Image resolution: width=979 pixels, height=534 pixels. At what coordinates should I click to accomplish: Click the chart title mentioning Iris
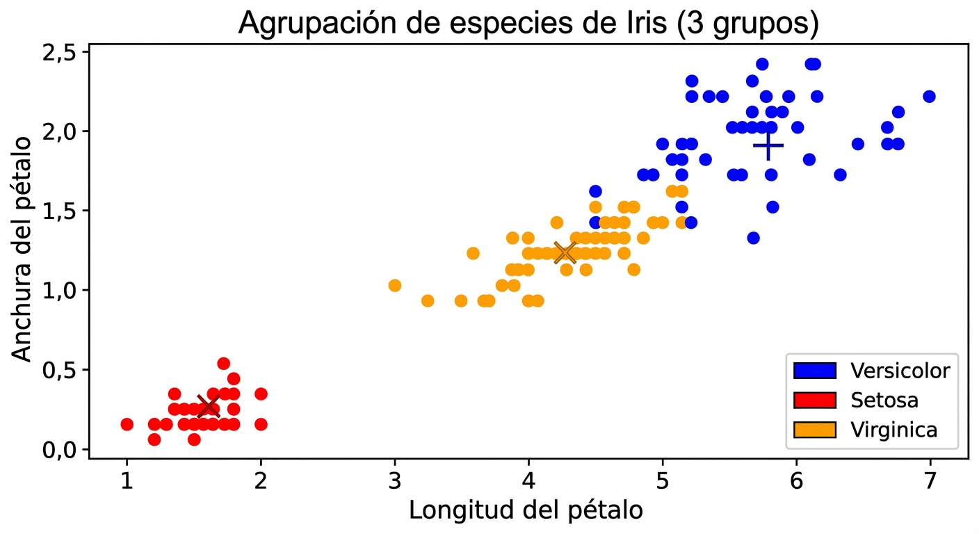pyautogui.click(x=528, y=22)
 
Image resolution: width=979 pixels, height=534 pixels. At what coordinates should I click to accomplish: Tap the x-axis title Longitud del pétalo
pyautogui.click(x=526, y=510)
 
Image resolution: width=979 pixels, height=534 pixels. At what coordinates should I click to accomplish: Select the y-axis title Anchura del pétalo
pyautogui.click(x=22, y=249)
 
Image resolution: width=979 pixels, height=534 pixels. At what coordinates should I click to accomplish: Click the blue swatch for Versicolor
pyautogui.click(x=814, y=370)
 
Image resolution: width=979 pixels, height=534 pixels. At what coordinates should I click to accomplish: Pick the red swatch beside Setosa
pyautogui.click(x=814, y=400)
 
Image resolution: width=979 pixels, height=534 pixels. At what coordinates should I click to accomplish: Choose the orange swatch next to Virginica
pyautogui.click(x=814, y=430)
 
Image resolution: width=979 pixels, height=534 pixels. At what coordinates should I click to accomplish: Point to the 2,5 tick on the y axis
pyautogui.click(x=62, y=53)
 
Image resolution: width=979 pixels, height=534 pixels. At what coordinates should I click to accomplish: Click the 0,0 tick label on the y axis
pyautogui.click(x=62, y=450)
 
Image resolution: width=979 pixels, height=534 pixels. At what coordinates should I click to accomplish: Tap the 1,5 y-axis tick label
pyautogui.click(x=62, y=211)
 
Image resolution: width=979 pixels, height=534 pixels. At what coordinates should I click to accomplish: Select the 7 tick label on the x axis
pyautogui.click(x=930, y=480)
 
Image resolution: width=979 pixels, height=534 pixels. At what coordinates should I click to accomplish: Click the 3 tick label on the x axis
pyautogui.click(x=394, y=480)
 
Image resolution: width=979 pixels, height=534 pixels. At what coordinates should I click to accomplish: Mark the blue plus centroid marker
pyautogui.click(x=768, y=145)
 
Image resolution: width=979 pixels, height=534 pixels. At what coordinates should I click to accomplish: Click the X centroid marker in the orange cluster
pyautogui.click(x=565, y=253)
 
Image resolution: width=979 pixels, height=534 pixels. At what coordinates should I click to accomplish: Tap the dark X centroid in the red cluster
pyautogui.click(x=208, y=406)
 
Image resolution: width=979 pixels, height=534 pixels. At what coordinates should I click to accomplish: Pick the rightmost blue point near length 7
pyautogui.click(x=929, y=97)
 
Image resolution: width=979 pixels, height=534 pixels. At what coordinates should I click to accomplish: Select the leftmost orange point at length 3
pyautogui.click(x=394, y=285)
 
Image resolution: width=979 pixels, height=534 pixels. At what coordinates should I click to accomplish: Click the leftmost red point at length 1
pyautogui.click(x=127, y=424)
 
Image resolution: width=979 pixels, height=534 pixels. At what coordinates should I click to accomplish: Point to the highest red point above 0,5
pyautogui.click(x=223, y=363)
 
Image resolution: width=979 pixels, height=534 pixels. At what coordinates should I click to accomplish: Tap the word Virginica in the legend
pyautogui.click(x=893, y=430)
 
